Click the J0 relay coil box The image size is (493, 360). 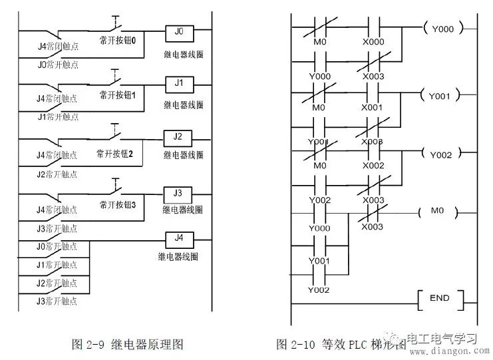click(178, 31)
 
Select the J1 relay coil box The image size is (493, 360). click(178, 84)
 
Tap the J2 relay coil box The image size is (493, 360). click(178, 137)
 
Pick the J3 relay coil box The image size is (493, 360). click(178, 193)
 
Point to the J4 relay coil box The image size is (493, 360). click(178, 238)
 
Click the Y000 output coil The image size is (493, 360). click(442, 30)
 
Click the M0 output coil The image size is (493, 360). click(436, 212)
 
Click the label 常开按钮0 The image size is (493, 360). click(118, 40)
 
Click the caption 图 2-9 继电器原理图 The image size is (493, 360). click(126, 344)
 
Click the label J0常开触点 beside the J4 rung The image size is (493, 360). click(57, 246)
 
